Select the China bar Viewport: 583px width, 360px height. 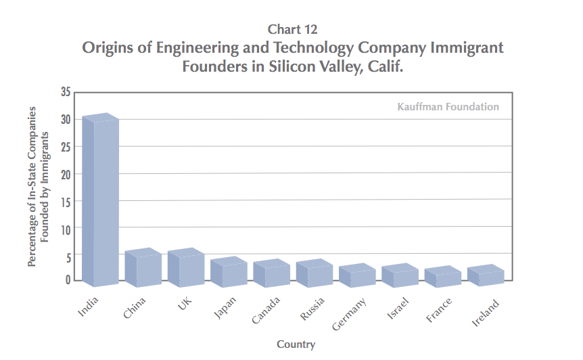pyautogui.click(x=143, y=268)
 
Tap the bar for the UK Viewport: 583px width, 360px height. pyautogui.click(x=186, y=268)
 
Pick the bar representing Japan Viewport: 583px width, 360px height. pyautogui.click(x=229, y=272)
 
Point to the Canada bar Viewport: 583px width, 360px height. pyautogui.click(x=271, y=273)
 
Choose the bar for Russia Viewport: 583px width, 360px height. pyautogui.click(x=314, y=273)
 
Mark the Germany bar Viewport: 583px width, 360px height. pyautogui.click(x=356, y=275)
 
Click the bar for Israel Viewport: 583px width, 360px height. pyautogui.click(x=400, y=275)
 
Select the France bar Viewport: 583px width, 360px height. pyautogui.click(x=442, y=277)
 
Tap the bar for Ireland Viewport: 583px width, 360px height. pyautogui.click(x=486, y=276)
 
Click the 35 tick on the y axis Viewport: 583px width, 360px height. pyautogui.click(x=66, y=92)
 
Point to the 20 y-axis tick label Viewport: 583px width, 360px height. pyautogui.click(x=66, y=174)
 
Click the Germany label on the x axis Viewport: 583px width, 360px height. pyautogui.click(x=350, y=313)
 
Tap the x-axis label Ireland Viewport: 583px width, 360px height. pyautogui.click(x=485, y=312)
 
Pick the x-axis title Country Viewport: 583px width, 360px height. pyautogui.click(x=296, y=344)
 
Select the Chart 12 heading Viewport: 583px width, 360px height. pyautogui.click(x=292, y=29)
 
